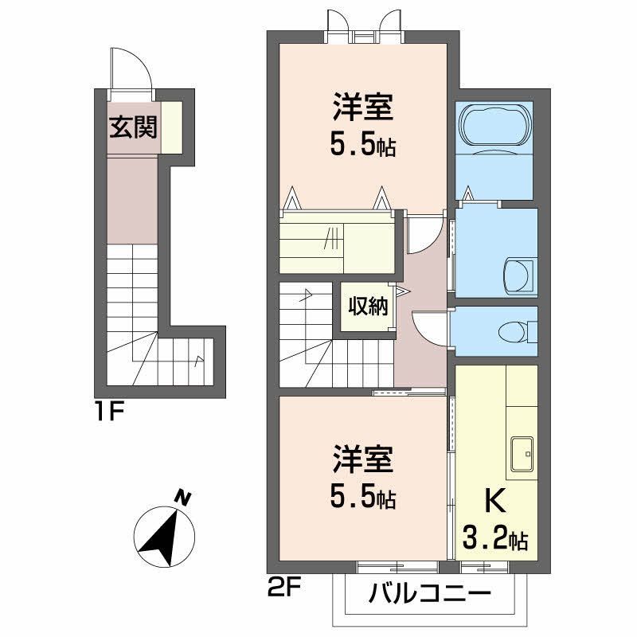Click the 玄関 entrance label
pos(133,127)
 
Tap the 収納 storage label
pos(368,307)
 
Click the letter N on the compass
pos(183,498)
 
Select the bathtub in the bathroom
pos(494,126)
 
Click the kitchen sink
pos(522,454)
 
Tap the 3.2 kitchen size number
pos(485,539)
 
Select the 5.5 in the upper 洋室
pos(352,146)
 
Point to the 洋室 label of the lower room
pos(363,459)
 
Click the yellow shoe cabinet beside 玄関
pos(171,127)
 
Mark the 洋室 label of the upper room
pos(363,107)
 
